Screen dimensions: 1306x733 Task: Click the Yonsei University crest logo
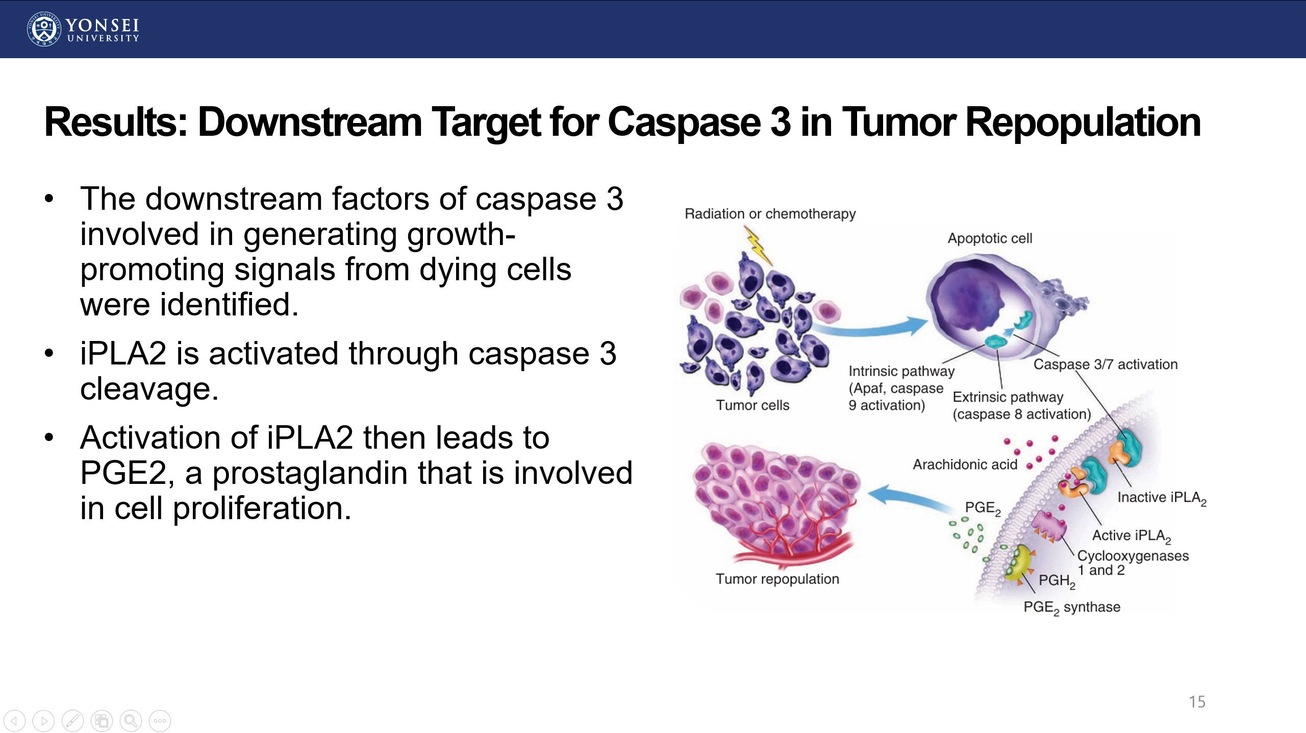click(x=44, y=29)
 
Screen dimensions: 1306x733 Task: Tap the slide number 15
click(x=1197, y=702)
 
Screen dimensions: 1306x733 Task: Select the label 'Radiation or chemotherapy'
click(x=770, y=214)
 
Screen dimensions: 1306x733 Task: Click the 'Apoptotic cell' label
click(x=990, y=238)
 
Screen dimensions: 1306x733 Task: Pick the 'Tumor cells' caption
click(x=752, y=405)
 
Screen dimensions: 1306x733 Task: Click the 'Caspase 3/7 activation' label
click(x=1106, y=364)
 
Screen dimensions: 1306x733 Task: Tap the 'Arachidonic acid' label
click(x=965, y=465)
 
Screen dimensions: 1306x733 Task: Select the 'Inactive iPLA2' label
click(x=1162, y=498)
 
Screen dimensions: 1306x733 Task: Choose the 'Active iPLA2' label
click(x=1131, y=535)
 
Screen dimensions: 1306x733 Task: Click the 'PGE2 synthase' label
click(x=1072, y=607)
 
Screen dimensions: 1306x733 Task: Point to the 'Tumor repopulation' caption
click(x=777, y=579)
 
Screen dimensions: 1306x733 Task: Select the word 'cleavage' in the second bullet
click(x=149, y=389)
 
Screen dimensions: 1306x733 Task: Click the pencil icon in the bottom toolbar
click(x=72, y=721)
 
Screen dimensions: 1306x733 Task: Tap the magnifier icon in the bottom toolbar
click(x=131, y=721)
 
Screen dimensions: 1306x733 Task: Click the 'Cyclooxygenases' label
click(x=1133, y=556)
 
